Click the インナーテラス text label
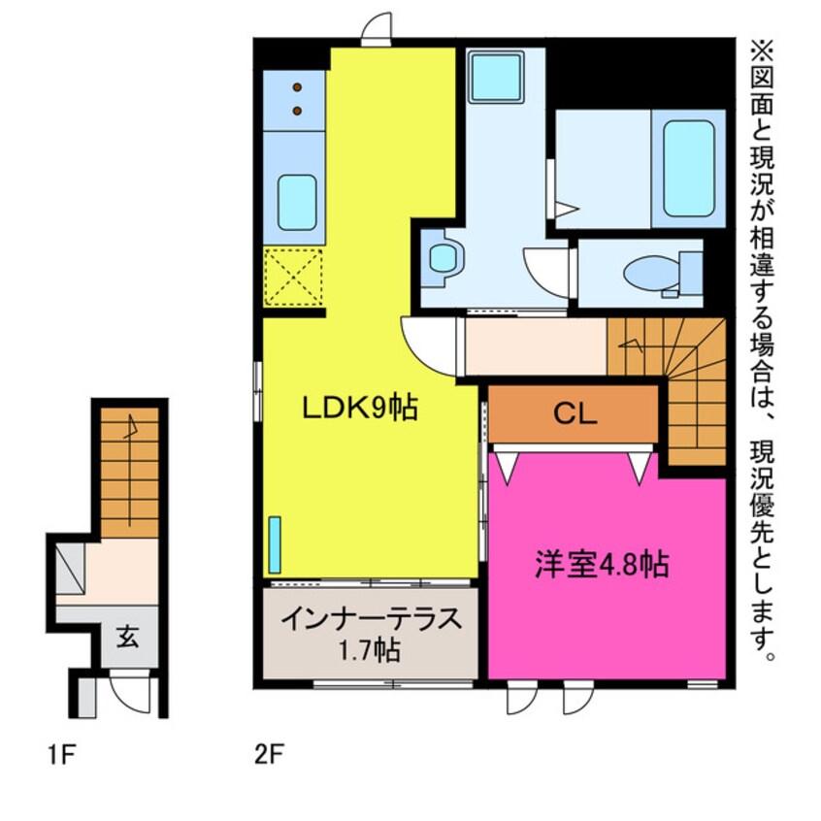point(370,619)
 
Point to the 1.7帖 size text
point(370,649)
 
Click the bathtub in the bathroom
point(690,168)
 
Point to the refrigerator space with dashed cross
point(293,277)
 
